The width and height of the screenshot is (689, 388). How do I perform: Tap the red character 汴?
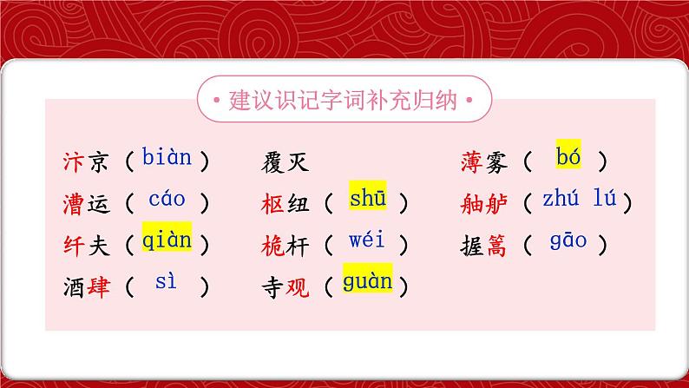coord(74,161)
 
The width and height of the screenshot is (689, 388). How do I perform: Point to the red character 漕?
coord(74,202)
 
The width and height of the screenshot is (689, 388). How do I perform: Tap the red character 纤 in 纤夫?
coord(74,243)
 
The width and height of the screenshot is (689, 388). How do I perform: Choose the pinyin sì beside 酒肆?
coord(166,282)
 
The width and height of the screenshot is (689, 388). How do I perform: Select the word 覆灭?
coord(284,161)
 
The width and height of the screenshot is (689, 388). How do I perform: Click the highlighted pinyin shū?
coord(367,199)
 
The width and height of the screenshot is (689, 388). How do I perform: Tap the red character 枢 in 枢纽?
coord(272,202)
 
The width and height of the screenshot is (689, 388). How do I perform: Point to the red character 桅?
coord(272,243)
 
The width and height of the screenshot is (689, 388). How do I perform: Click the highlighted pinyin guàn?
coord(367,281)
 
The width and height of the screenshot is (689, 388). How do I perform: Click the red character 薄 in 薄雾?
coord(471,161)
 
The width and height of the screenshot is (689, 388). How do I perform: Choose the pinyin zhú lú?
coord(579,200)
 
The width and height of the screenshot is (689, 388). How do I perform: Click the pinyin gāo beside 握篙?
coord(568,240)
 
